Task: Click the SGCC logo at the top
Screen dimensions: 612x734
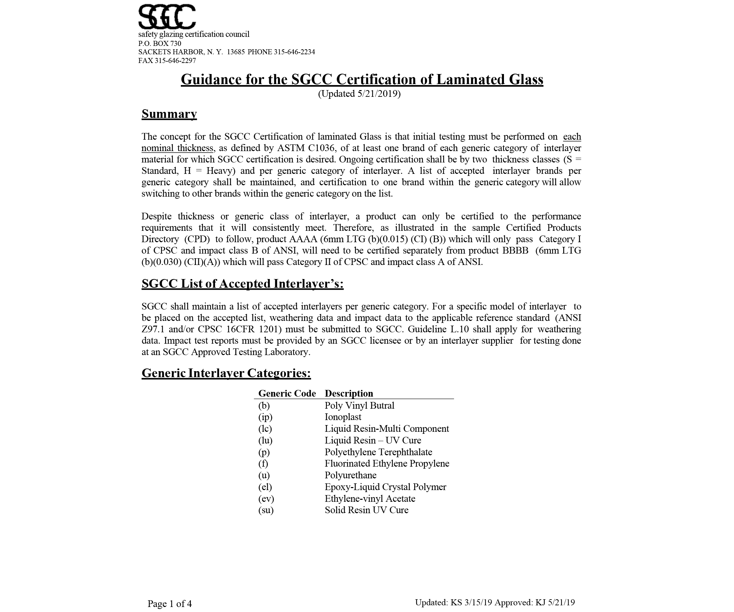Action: click(x=167, y=17)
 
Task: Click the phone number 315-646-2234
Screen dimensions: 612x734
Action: click(x=294, y=52)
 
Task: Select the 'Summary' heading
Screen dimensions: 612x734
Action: click(x=169, y=114)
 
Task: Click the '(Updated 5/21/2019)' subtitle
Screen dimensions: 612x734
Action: click(x=359, y=94)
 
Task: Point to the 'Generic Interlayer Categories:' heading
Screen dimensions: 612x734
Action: click(x=226, y=373)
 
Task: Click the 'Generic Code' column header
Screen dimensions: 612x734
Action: click(x=287, y=393)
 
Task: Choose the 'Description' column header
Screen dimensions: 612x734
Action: click(x=349, y=393)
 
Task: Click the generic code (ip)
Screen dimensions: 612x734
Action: click(x=265, y=417)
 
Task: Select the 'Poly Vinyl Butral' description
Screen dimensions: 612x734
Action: click(x=359, y=405)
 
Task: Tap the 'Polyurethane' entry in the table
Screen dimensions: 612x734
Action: click(x=351, y=475)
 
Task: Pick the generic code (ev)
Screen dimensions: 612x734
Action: click(x=266, y=499)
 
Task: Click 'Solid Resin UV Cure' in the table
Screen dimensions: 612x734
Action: click(x=366, y=510)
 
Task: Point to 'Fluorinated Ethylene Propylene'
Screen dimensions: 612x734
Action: click(x=387, y=463)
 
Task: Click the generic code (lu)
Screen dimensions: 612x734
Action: click(x=265, y=440)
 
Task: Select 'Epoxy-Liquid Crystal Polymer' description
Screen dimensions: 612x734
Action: click(x=385, y=487)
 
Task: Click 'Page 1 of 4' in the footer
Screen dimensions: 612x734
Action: click(x=169, y=604)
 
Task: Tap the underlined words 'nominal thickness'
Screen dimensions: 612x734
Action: click(x=177, y=148)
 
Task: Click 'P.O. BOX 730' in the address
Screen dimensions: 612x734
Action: click(x=160, y=43)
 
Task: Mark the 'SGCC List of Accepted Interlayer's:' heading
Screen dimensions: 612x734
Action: click(x=242, y=284)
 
